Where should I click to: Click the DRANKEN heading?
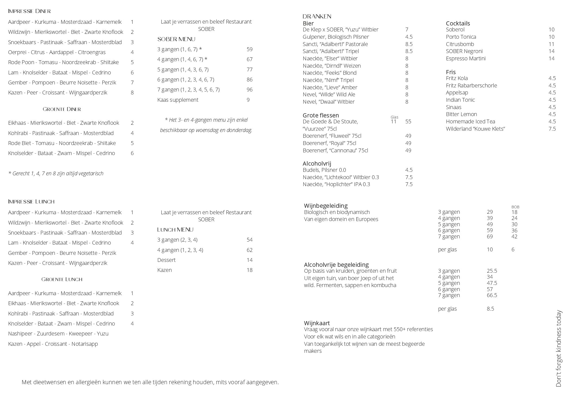(x=317, y=17)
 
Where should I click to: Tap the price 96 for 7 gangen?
(x=249, y=90)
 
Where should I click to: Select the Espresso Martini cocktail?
(x=466, y=58)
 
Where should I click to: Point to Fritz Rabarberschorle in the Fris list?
(x=471, y=85)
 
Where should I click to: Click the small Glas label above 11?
(x=394, y=117)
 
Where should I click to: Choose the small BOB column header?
(x=515, y=207)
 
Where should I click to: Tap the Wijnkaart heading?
(x=317, y=323)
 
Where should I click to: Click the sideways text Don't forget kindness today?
(x=559, y=348)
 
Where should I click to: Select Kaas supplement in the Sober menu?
(x=178, y=100)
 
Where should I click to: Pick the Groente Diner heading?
(x=62, y=109)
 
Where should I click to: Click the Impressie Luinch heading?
(x=31, y=202)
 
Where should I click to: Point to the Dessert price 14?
(x=249, y=260)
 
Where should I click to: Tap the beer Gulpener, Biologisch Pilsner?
(x=336, y=37)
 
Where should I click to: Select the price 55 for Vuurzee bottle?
(x=408, y=121)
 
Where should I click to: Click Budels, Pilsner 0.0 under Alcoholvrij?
(x=324, y=170)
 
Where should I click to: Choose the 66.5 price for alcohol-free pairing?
(x=492, y=295)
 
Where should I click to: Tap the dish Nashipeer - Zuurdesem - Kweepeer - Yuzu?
(x=58, y=334)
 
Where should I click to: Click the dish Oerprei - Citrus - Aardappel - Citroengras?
(x=57, y=52)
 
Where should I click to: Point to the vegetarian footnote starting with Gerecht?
(x=56, y=173)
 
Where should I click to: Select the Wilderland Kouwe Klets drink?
(x=476, y=129)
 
